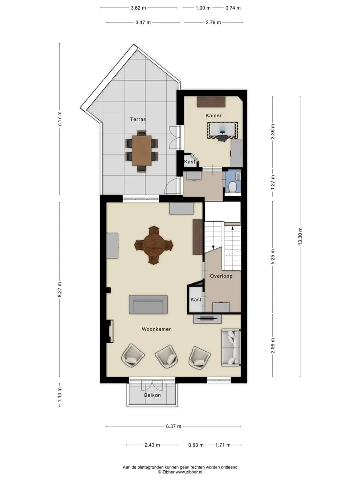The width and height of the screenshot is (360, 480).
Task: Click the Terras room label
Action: [x=138, y=119]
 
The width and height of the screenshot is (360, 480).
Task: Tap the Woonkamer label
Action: [x=156, y=329]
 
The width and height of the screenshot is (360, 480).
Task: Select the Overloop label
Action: [x=221, y=276]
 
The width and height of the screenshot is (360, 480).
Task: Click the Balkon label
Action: [x=153, y=395]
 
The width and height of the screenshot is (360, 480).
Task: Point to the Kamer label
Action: [x=213, y=115]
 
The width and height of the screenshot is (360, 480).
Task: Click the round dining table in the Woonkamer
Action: [x=154, y=245]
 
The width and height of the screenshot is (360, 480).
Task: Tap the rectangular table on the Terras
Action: [x=142, y=150]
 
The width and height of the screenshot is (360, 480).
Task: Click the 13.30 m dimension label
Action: [x=300, y=236]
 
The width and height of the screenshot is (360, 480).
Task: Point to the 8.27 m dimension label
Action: [x=60, y=289]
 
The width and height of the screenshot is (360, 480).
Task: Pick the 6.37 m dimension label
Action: [x=174, y=426]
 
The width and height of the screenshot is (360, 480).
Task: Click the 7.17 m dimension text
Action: [x=60, y=119]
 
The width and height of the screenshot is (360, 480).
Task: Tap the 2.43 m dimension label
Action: [x=152, y=445]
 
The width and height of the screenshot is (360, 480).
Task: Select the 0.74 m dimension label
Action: [x=233, y=8]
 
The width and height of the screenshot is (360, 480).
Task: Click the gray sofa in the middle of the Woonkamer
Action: [x=148, y=304]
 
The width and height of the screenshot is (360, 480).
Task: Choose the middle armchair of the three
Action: [x=167, y=356]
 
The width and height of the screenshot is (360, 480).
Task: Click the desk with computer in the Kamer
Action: [x=223, y=130]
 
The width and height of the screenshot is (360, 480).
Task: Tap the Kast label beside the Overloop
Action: [x=196, y=299]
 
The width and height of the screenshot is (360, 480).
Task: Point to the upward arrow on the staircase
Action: [x=233, y=228]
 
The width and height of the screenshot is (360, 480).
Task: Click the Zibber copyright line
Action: [x=180, y=472]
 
